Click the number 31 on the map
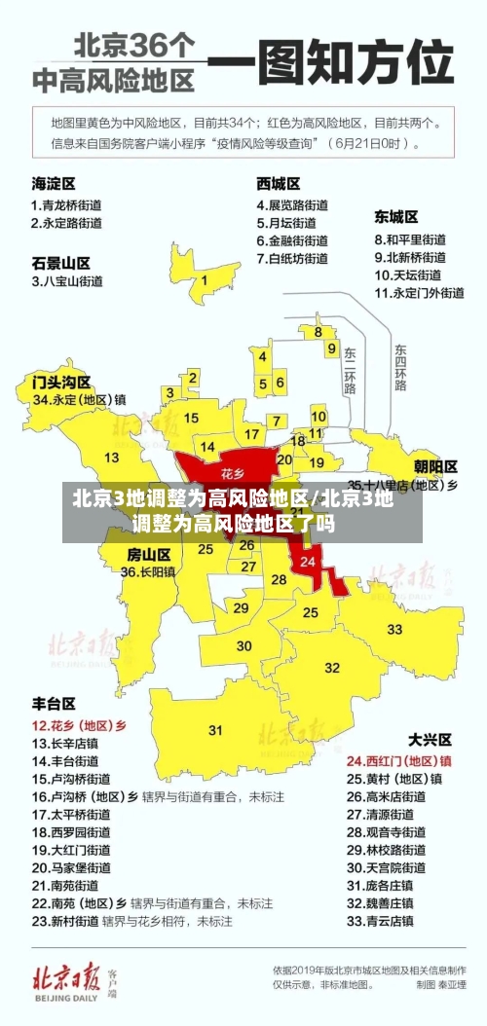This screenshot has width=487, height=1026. point(215,730)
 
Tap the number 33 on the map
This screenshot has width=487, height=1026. point(394,630)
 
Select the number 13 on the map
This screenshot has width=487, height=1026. point(112,458)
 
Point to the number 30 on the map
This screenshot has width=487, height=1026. point(244,645)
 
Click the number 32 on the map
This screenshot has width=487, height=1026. point(333,668)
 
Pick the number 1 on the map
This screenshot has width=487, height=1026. point(205,281)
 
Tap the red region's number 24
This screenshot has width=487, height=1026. point(308,562)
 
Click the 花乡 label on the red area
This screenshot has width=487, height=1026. point(232,473)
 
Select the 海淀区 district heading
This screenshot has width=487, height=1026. point(54,182)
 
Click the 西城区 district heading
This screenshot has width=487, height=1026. point(279,182)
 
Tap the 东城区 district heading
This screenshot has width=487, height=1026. point(396,216)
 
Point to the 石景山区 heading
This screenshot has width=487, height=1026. point(60,263)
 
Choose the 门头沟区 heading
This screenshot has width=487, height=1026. point(60,381)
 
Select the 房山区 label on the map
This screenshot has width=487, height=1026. point(149,554)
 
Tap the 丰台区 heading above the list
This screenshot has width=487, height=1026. point(54,702)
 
